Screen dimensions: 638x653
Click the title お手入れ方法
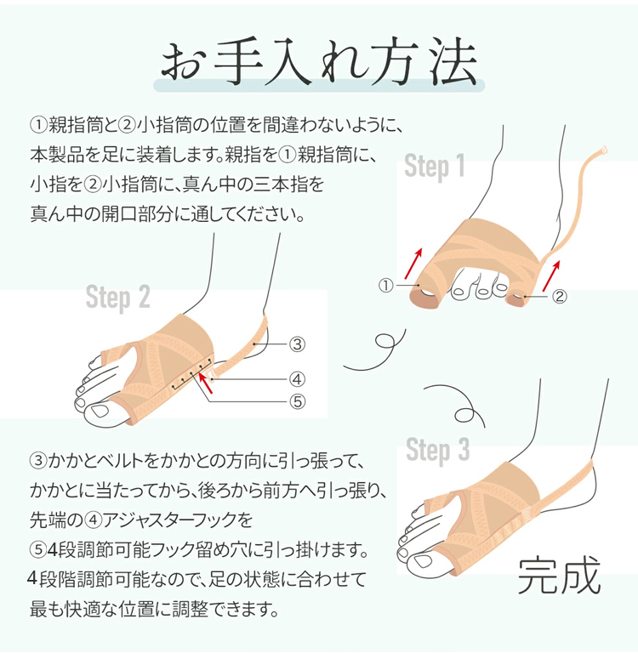[319, 63]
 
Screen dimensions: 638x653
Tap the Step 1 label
[434, 166]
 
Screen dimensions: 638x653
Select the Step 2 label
[117, 298]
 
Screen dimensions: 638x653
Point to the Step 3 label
[437, 450]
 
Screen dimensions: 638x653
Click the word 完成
[559, 576]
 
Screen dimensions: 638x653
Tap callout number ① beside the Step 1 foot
[386, 286]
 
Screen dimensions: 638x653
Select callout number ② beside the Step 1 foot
[559, 296]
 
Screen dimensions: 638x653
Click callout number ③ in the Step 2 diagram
[297, 344]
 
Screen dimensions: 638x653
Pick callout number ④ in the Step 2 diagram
[297, 379]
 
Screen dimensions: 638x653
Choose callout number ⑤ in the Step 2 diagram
[297, 401]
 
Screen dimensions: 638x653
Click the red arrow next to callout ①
[413, 264]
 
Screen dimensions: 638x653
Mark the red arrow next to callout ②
[551, 275]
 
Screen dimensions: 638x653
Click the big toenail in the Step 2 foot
[100, 411]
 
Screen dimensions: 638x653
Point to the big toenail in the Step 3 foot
[423, 562]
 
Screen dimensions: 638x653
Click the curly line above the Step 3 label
[456, 405]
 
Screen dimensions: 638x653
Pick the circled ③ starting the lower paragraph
[38, 461]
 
